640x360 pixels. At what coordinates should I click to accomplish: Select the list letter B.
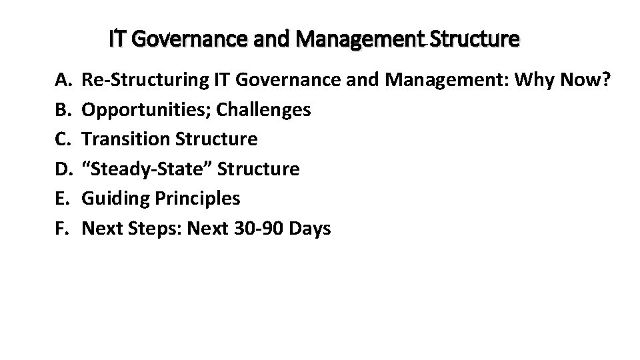click(x=62, y=109)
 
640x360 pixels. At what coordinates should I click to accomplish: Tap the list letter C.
click(x=62, y=139)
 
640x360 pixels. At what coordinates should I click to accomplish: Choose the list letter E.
click(x=61, y=199)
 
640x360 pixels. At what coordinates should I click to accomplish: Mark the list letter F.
click(x=61, y=229)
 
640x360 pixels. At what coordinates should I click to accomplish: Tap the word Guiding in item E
click(x=113, y=199)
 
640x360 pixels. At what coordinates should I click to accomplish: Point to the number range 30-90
click(x=253, y=229)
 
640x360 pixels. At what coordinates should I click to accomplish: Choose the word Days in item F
click(x=309, y=229)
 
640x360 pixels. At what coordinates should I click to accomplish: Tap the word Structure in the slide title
click(x=475, y=39)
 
